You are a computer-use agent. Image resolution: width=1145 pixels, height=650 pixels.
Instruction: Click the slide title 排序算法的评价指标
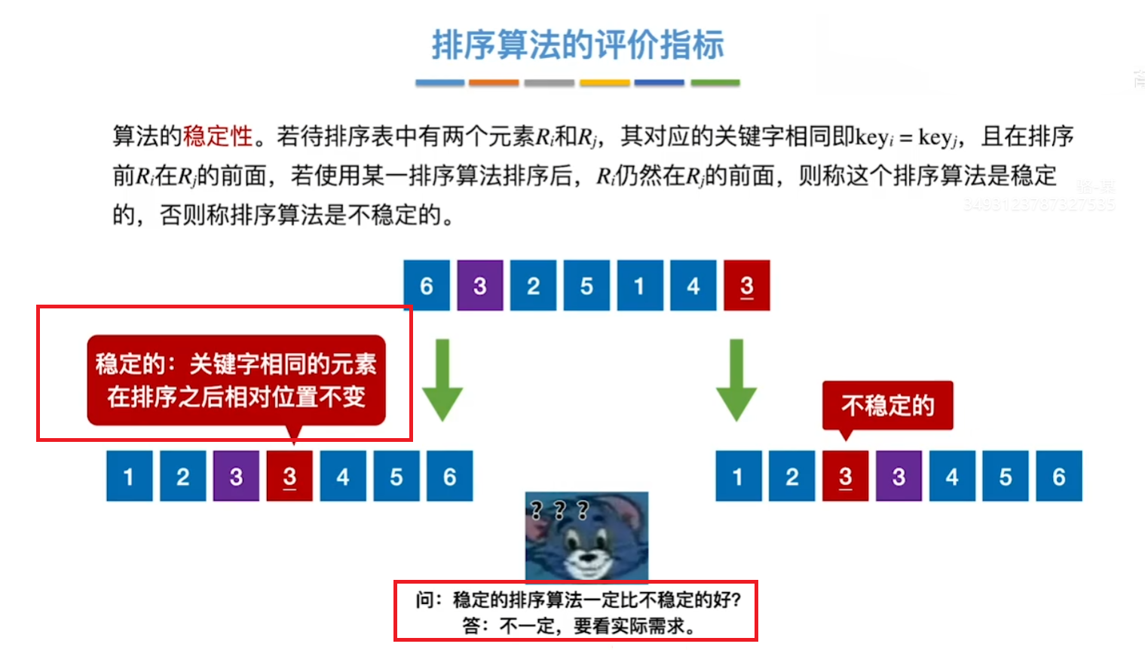(577, 45)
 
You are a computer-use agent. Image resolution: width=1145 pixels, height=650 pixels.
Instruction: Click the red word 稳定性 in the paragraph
(218, 136)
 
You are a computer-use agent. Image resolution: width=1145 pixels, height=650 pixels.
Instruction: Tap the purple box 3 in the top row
(480, 286)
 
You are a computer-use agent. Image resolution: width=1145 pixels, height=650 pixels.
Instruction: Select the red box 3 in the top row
(746, 286)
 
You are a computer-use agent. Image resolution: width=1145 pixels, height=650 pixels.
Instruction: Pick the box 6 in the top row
(427, 286)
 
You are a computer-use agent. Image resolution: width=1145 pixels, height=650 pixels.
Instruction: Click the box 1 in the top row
(640, 286)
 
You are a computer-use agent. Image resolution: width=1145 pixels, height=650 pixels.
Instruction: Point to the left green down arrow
(442, 379)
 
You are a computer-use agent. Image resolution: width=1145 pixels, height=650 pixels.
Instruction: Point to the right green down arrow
(736, 379)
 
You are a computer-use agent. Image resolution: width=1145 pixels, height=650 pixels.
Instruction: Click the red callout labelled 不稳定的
(887, 406)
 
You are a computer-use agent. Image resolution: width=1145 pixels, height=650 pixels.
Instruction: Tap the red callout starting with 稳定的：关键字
(236, 380)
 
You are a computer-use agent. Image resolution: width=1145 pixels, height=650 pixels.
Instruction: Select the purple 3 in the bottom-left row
(236, 477)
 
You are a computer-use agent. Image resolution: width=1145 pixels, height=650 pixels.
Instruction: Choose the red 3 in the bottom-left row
(289, 477)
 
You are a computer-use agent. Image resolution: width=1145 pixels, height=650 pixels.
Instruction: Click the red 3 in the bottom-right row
(845, 477)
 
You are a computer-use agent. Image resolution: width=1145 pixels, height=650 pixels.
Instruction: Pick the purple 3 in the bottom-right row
(899, 477)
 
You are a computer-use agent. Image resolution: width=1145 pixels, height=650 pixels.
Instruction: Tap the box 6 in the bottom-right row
(1059, 477)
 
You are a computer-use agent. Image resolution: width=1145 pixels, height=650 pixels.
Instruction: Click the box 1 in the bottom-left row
(129, 477)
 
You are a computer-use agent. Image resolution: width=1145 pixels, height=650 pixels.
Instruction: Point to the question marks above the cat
(559, 510)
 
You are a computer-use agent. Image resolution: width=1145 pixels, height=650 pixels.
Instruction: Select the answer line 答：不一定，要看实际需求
(578, 626)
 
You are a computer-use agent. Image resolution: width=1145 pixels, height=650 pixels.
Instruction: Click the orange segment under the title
(494, 83)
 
